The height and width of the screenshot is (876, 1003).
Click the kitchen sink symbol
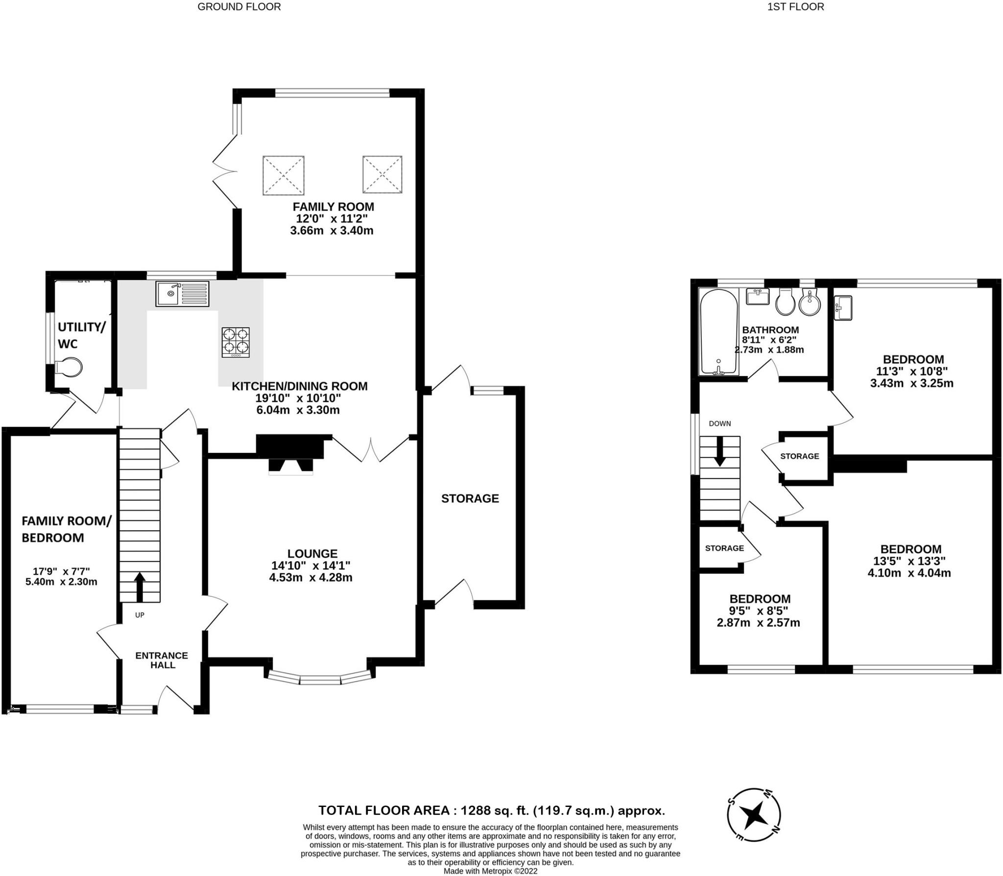coord(182,294)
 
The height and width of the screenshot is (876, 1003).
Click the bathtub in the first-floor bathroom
coord(718,331)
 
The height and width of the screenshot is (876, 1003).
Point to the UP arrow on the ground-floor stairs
coord(140,586)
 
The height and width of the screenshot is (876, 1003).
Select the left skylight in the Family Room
coord(283,175)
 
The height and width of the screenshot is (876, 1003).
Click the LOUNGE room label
coord(312,553)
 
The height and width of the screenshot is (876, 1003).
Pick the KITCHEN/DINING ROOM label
coord(299,386)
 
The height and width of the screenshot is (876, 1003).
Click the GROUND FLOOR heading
coord(239,7)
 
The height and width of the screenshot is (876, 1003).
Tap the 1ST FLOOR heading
coord(795,7)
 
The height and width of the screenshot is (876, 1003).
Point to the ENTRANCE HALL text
coord(162,660)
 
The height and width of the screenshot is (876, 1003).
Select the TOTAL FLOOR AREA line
coord(491,810)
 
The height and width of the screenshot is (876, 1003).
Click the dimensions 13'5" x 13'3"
coord(909,561)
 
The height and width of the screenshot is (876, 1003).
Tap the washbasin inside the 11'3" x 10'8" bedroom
coord(843,308)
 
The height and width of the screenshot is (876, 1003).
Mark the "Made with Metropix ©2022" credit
coord(490,871)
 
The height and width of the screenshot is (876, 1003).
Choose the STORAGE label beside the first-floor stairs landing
coord(799,456)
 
